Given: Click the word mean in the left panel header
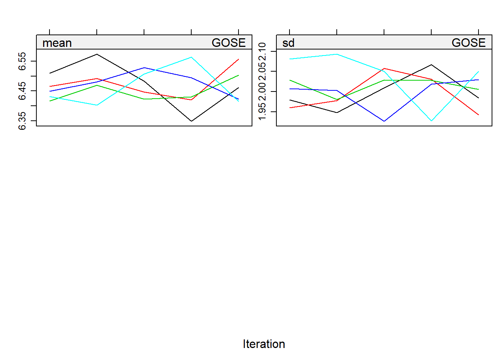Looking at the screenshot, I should pos(57,43).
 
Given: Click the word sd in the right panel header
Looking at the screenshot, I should pos(288,43).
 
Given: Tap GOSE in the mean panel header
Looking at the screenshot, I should pos(228,43).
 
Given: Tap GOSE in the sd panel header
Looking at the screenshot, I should pos(468,43).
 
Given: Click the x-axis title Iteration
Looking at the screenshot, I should pos(264,344).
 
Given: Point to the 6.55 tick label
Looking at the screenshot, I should pos(22,61).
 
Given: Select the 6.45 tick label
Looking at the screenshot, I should pos(22,91).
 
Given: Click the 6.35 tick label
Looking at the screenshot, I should pos(22,120).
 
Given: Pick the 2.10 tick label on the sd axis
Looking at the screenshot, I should pos(262,51).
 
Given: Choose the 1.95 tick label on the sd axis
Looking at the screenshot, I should pos(262,111).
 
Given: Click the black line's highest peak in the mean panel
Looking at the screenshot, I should pos(97,54).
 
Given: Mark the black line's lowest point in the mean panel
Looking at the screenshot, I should pos(191,121).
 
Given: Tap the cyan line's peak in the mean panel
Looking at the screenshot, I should pos(191,57).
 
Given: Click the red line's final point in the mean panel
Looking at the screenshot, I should pos(238,59).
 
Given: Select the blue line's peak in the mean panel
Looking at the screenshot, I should pos(144,67).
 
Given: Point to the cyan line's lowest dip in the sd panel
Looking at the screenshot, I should pos(431,121).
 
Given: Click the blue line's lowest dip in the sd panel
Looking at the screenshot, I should pos(384,121).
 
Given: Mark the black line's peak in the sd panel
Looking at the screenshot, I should pos(431,64).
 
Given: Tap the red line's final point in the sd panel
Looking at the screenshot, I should pos(478,115).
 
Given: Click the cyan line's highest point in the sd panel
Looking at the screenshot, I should pos(337,54).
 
